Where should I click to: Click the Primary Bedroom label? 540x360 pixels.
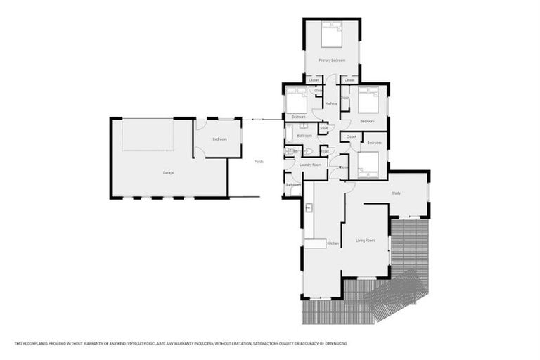(331, 60)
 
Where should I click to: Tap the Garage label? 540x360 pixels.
(168, 172)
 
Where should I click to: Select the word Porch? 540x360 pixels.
(258, 162)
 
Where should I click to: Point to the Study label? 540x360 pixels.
(396, 193)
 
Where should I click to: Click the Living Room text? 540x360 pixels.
(364, 240)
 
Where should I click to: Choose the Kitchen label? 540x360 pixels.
(333, 243)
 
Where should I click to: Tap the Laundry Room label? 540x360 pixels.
(311, 165)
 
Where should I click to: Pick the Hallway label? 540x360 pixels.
(331, 104)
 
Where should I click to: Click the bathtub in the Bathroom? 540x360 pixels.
(290, 134)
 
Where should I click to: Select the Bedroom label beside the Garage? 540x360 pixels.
(219, 139)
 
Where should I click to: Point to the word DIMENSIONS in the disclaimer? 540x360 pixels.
(333, 343)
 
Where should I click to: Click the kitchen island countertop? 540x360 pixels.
(314, 243)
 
